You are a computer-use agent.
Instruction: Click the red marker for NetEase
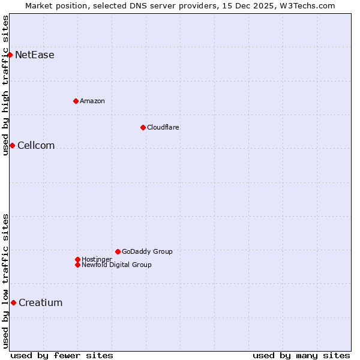pos(10,55)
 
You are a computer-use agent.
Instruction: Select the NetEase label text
pos(34,55)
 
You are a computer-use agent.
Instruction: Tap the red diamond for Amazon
pos(76,101)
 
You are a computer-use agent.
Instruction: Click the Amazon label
pos(92,101)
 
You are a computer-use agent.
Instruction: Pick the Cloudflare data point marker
pos(143,127)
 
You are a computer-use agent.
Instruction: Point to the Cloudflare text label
pos(163,127)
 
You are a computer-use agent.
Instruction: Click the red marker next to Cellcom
pos(12,145)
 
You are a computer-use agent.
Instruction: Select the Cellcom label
pos(36,146)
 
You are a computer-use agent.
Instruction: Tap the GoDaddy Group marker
pos(118,251)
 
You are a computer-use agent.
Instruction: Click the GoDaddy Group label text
pos(147,251)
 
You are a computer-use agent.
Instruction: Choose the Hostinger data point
pos(77,259)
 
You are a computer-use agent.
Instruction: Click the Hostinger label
pos(97,259)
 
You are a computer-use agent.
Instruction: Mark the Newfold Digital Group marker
pos(77,265)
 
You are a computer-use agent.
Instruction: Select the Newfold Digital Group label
pos(116,265)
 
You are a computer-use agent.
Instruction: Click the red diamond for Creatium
pos(13,302)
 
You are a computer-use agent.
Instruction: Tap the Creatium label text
pos(40,303)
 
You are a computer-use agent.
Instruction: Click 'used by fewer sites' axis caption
pos(61,355)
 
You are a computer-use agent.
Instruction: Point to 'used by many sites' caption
pos(301,355)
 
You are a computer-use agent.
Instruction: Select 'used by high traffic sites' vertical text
pos(5,85)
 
